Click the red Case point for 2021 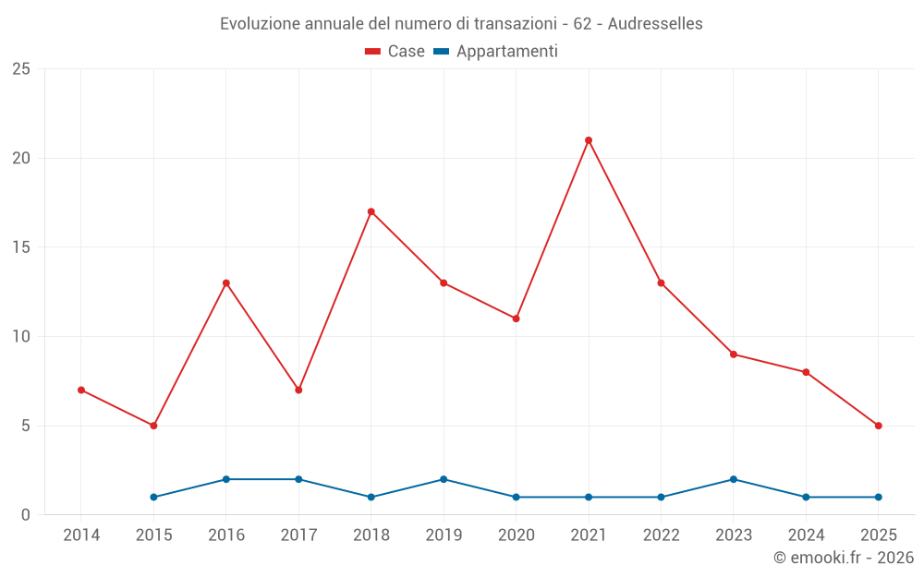(x=589, y=140)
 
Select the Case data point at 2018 (x=371, y=211)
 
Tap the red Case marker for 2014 (x=81, y=390)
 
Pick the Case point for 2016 (x=226, y=282)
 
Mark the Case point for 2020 (x=517, y=319)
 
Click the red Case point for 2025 (x=879, y=426)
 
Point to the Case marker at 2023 (x=734, y=355)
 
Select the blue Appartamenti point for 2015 (x=154, y=497)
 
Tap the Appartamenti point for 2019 (x=444, y=479)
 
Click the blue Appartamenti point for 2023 (x=734, y=479)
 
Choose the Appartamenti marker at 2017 (x=298, y=479)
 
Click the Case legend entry (x=395, y=52)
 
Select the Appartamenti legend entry (x=496, y=52)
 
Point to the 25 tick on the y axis (x=21, y=69)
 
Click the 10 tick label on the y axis (x=21, y=337)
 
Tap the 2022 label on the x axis (x=661, y=535)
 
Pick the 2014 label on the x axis (x=81, y=535)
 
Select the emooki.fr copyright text (x=844, y=558)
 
